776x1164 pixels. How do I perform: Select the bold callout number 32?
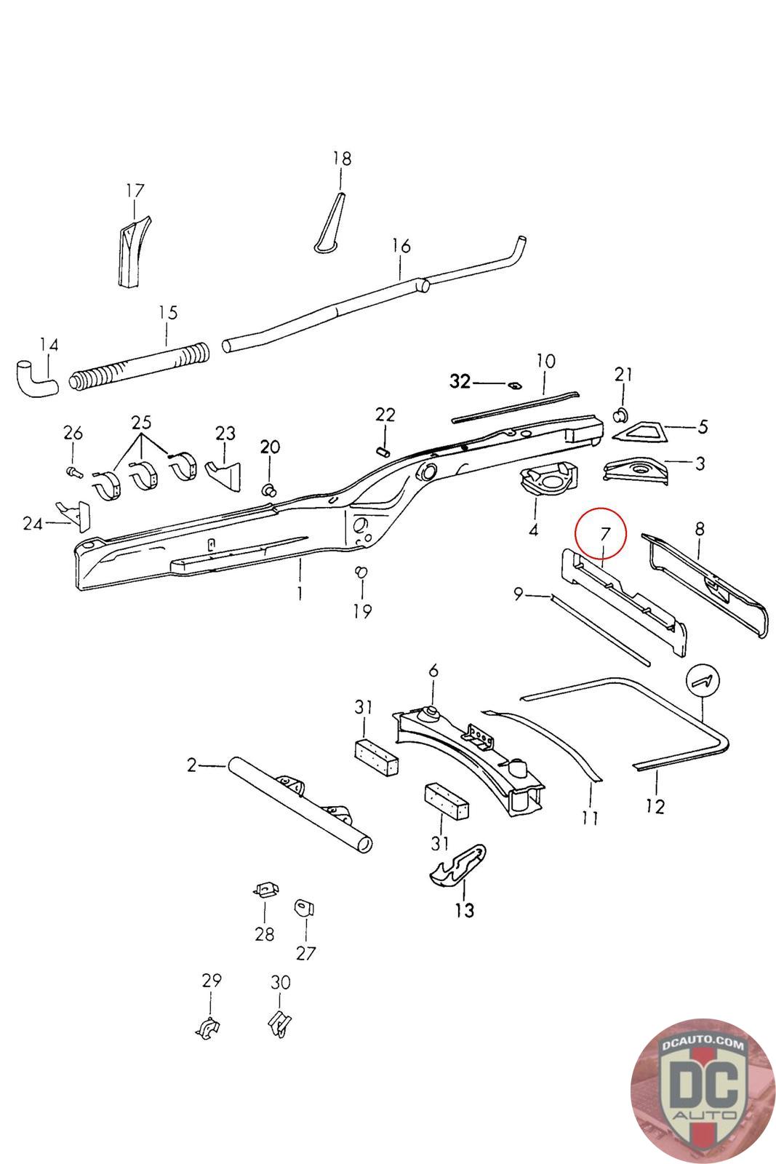[x=460, y=381]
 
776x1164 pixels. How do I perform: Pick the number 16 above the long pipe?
[x=401, y=246]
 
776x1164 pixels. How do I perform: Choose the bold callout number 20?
[x=270, y=447]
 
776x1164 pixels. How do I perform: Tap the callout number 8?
[x=699, y=529]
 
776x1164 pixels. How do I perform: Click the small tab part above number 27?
[x=303, y=907]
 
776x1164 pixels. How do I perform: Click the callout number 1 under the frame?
[x=300, y=594]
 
